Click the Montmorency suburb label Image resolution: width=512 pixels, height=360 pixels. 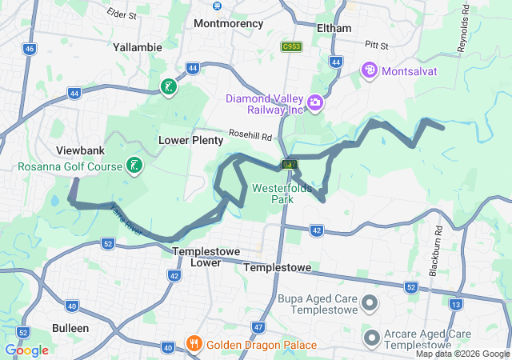[228, 23]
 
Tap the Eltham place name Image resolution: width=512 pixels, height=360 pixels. [334, 28]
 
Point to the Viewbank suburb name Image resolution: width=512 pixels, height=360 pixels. [81, 150]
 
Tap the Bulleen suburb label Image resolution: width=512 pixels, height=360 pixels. [70, 328]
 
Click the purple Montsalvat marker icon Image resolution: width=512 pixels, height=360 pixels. [370, 70]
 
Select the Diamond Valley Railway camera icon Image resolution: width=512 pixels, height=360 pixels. [315, 102]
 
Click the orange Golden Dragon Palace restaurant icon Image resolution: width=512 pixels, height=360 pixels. [194, 345]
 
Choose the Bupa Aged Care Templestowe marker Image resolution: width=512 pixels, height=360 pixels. [370, 303]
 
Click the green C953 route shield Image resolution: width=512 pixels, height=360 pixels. [291, 47]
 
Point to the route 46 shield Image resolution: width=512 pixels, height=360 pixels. [30, 49]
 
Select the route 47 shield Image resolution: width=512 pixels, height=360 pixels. [258, 326]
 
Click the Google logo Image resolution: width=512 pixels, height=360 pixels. [26, 350]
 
